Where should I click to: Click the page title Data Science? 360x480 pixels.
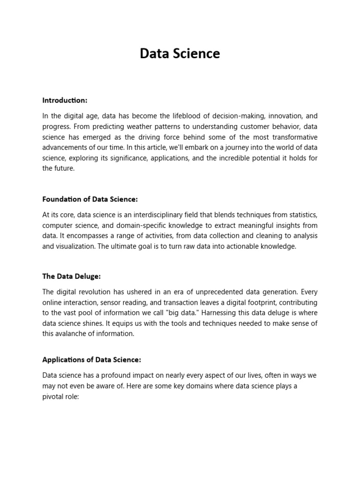coord(180,54)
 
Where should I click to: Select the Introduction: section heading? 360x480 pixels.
coord(65,100)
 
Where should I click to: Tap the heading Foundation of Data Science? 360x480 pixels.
coord(90,199)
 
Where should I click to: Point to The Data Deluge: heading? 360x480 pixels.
coord(71,277)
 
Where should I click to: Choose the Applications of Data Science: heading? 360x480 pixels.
coord(91,360)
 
